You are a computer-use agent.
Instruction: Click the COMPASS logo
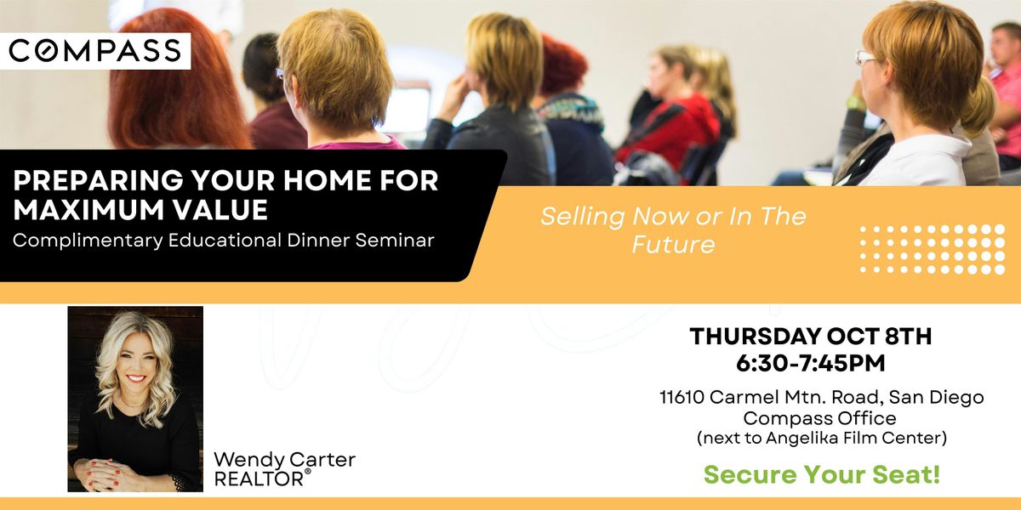click(x=94, y=50)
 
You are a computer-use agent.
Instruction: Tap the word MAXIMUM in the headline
click(x=88, y=210)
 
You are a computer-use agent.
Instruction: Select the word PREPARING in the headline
click(x=98, y=180)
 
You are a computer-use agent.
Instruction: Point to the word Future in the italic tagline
click(x=673, y=245)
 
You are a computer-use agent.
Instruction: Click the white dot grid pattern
click(x=933, y=250)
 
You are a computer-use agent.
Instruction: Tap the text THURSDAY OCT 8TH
click(x=810, y=337)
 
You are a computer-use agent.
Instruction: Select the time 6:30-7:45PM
click(x=810, y=364)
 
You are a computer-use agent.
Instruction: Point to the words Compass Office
click(x=819, y=418)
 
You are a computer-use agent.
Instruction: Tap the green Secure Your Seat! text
click(x=822, y=474)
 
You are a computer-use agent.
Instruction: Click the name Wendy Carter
click(x=284, y=460)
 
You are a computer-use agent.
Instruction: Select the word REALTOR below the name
click(x=259, y=479)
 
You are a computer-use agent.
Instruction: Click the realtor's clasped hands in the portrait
click(x=104, y=473)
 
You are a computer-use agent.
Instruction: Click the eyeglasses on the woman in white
click(x=865, y=58)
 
